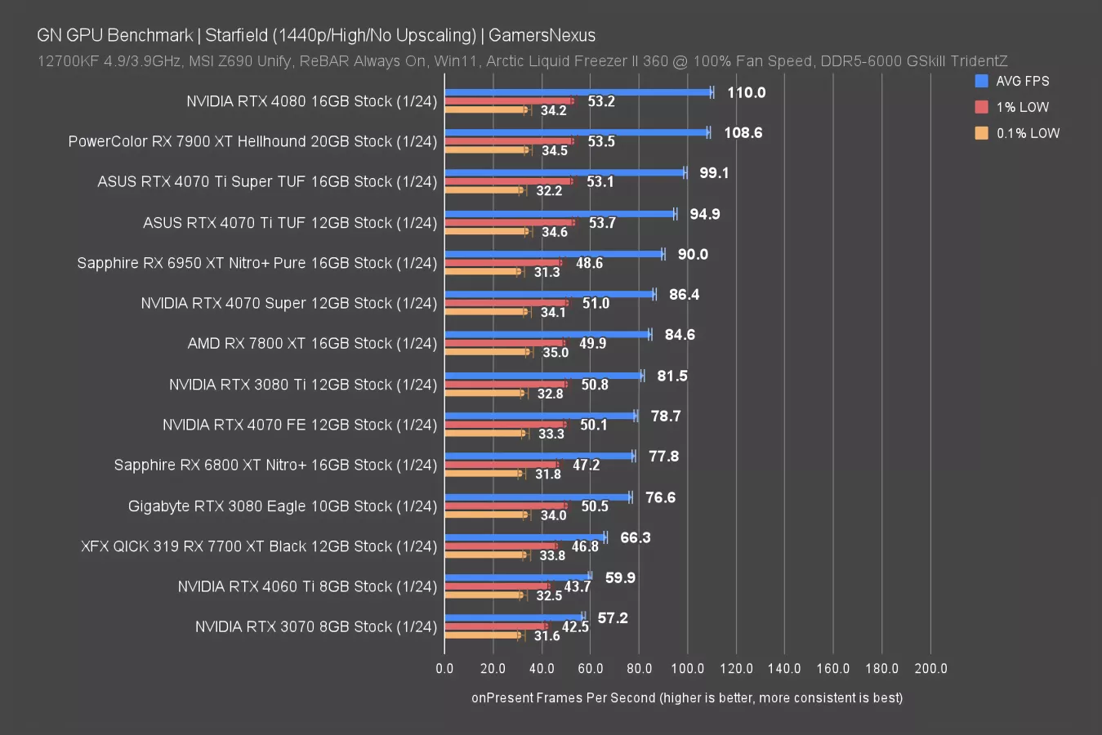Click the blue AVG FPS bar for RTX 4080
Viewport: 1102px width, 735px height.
tap(578, 92)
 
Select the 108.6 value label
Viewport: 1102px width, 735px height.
tap(743, 132)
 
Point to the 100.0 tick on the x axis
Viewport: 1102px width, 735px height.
tap(687, 668)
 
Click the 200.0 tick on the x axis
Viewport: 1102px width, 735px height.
tap(930, 668)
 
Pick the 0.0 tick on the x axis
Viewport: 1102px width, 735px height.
tap(444, 668)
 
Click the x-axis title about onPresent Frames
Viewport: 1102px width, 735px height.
tap(687, 697)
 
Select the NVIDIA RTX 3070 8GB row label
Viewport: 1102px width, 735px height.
tap(315, 626)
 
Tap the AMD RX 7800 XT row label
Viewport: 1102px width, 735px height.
tap(312, 343)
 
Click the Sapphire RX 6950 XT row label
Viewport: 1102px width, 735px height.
tap(257, 263)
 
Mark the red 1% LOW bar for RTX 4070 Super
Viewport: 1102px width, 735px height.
tap(506, 303)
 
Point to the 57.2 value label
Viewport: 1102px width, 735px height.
tap(613, 618)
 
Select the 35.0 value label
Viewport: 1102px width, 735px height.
tap(555, 353)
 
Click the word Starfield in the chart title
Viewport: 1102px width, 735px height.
tap(237, 35)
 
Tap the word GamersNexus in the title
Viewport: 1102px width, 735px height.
tap(542, 35)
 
